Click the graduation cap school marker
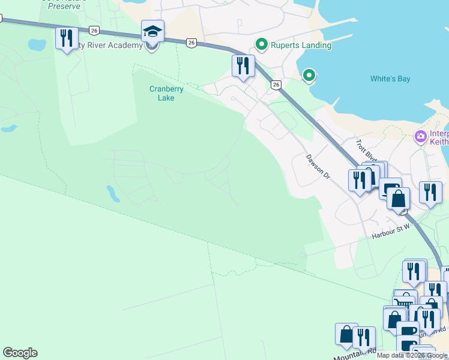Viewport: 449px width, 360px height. click(152, 32)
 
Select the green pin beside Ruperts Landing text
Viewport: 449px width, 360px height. click(261, 44)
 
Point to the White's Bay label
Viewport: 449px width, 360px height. click(390, 79)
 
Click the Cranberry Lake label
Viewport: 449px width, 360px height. click(166, 93)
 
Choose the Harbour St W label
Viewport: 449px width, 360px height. click(390, 228)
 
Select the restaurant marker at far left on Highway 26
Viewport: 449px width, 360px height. click(66, 38)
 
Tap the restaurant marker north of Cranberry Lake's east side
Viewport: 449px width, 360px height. click(243, 65)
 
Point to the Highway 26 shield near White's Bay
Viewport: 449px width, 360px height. click(276, 85)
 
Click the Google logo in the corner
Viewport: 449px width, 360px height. click(20, 353)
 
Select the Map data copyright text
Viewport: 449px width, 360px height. click(412, 355)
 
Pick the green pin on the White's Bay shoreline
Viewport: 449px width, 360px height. click(309, 75)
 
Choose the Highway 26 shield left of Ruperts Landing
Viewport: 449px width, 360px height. click(191, 42)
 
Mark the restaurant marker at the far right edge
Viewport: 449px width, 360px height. click(430, 192)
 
